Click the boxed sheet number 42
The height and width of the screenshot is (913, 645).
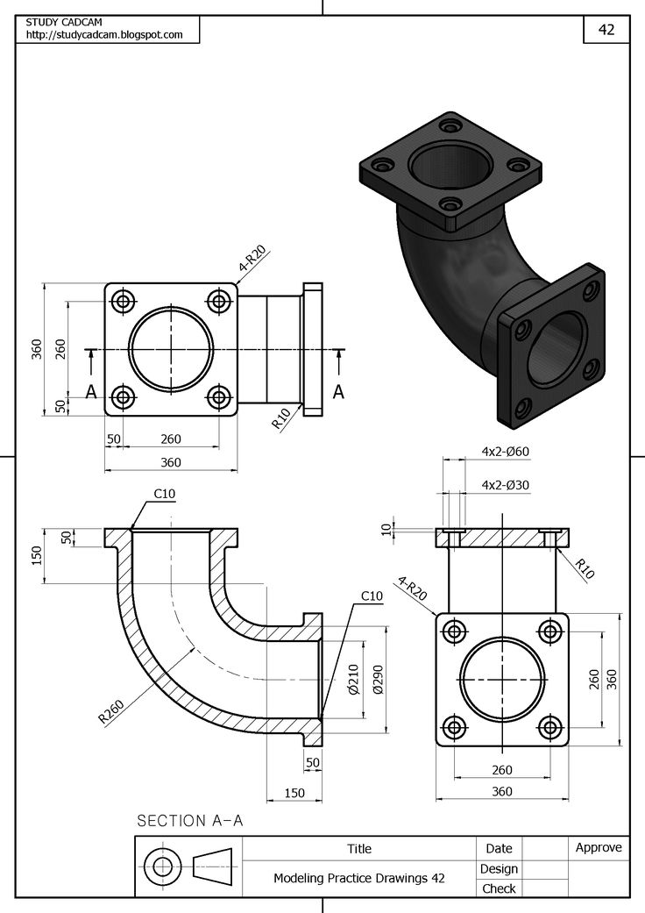(606, 29)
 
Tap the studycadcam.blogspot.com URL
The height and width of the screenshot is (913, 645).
(104, 35)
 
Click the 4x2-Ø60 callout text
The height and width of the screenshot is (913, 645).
(506, 452)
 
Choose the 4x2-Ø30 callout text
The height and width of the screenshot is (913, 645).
(506, 484)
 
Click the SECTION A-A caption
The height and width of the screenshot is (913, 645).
(189, 821)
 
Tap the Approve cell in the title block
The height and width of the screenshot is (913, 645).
(599, 847)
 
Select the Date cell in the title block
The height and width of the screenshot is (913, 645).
(499, 848)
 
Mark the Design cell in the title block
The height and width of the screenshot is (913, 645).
(499, 868)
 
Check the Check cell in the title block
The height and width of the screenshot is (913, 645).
(499, 888)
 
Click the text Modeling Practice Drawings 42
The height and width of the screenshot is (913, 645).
(359, 877)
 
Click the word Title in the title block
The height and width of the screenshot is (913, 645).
(359, 848)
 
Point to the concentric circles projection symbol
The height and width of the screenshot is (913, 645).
(162, 867)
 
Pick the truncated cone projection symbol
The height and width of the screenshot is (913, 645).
(212, 867)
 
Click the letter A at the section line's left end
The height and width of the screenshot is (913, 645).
(90, 393)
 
